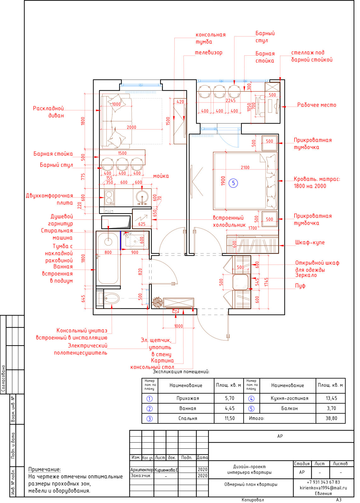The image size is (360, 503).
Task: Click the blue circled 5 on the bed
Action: coord(233,183)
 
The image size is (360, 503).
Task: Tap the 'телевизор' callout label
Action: coord(209,53)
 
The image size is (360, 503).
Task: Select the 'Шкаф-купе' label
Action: coord(310,242)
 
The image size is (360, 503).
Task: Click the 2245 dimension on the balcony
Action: coord(231,100)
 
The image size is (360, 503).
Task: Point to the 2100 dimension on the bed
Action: coord(245,167)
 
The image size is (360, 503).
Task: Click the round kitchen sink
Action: coord(142,197)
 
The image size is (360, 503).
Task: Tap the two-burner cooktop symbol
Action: coord(109,198)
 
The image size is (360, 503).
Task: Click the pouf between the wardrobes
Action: coord(240,282)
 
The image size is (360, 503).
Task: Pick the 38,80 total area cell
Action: coord(331,418)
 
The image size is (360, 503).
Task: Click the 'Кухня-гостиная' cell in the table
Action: coord(290,398)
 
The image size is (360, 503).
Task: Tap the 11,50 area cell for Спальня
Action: coord(230,418)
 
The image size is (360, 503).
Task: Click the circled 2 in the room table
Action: coord(149,408)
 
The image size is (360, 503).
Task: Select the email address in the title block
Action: coord(323,488)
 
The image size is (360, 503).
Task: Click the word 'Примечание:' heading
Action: coord(44,469)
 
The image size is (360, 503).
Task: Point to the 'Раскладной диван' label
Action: coord(48,112)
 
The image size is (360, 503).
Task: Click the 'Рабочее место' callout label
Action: coord(317,105)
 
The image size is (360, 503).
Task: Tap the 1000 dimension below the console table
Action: coord(178,326)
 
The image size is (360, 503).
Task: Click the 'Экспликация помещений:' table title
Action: coord(181,372)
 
